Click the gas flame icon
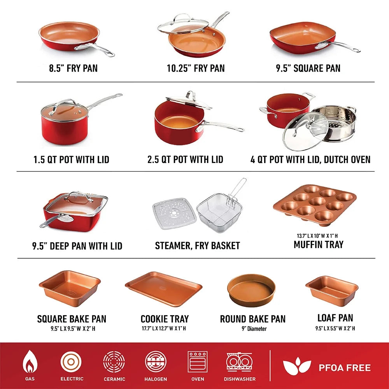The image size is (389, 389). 30,362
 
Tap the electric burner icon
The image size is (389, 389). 71,362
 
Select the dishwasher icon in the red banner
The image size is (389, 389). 239,362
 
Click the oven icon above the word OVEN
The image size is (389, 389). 198,362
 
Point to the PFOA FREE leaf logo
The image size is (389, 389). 297,366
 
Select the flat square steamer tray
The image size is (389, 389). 174,213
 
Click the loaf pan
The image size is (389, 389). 332,289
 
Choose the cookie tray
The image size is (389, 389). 164,289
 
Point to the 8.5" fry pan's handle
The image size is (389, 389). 94,49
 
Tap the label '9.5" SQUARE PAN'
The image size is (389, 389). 308,68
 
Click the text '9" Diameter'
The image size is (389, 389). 254,329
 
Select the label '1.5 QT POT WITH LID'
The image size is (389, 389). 72,159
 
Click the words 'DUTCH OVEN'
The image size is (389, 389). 347,159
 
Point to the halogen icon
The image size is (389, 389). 156,362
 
